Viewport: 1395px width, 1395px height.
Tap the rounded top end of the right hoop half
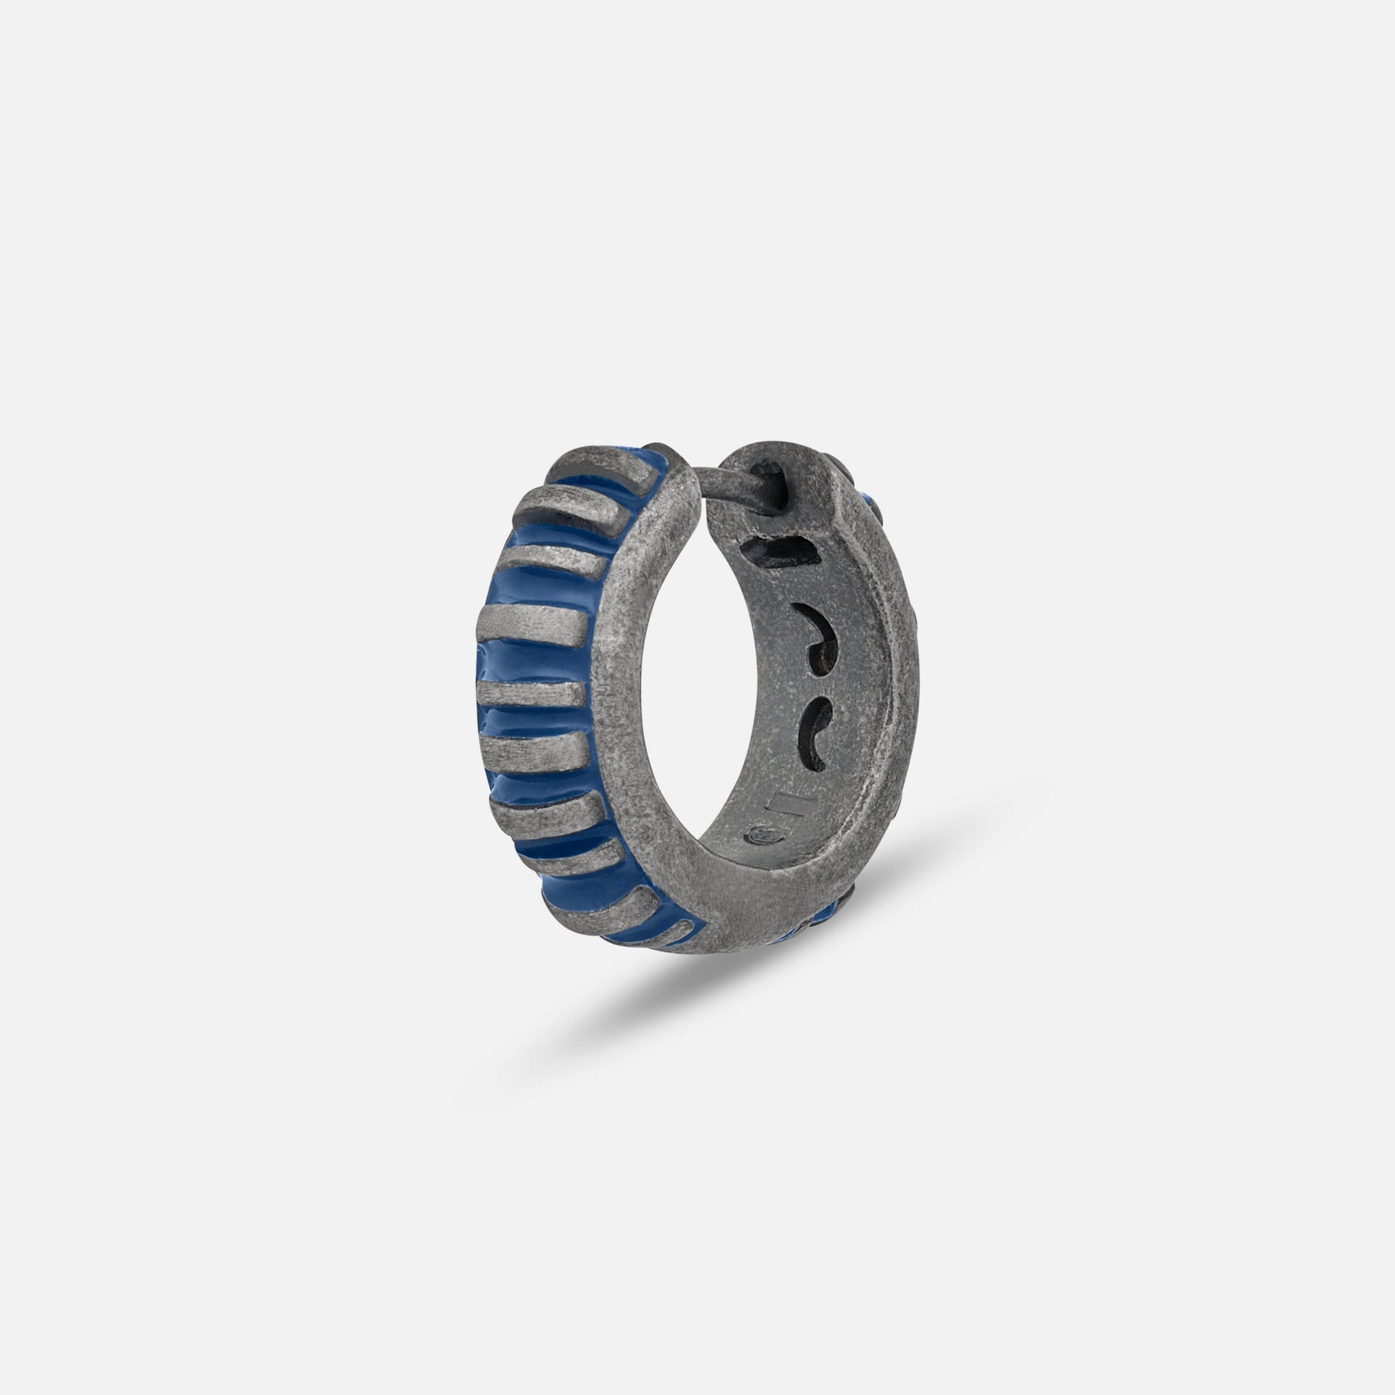click(x=783, y=465)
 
